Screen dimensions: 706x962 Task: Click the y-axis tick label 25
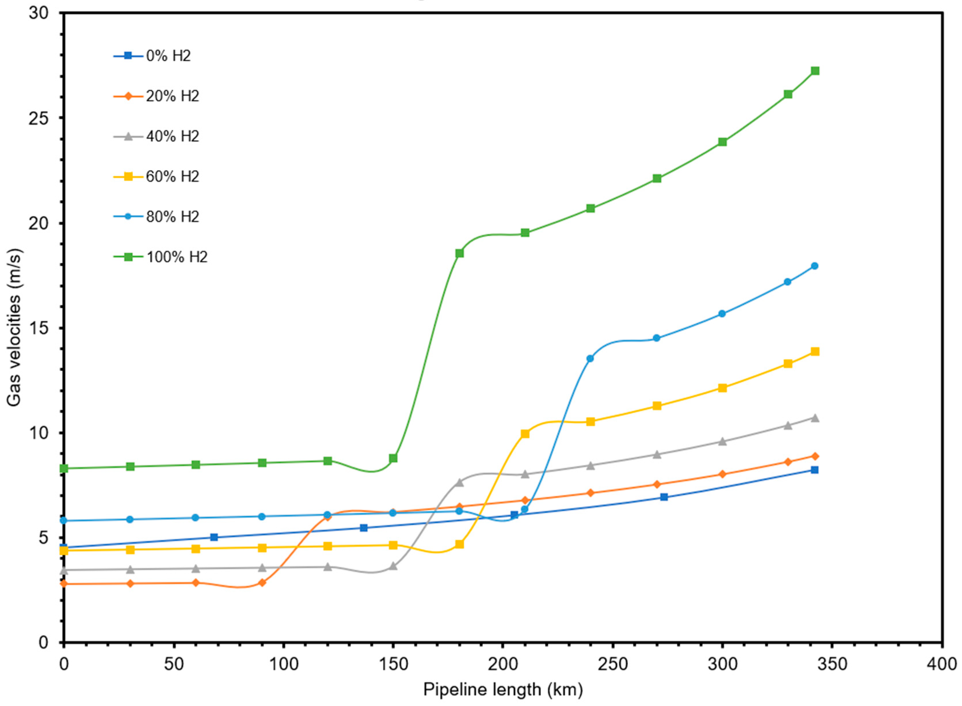click(x=39, y=118)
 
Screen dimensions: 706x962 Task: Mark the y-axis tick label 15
click(x=39, y=328)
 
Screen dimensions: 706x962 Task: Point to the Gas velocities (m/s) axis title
click(x=14, y=327)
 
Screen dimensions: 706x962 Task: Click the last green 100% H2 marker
click(x=815, y=71)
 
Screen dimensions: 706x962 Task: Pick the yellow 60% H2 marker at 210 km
click(x=525, y=434)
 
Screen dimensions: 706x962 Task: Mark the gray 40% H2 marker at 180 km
click(x=459, y=482)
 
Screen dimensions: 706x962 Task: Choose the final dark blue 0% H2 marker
click(x=815, y=470)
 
